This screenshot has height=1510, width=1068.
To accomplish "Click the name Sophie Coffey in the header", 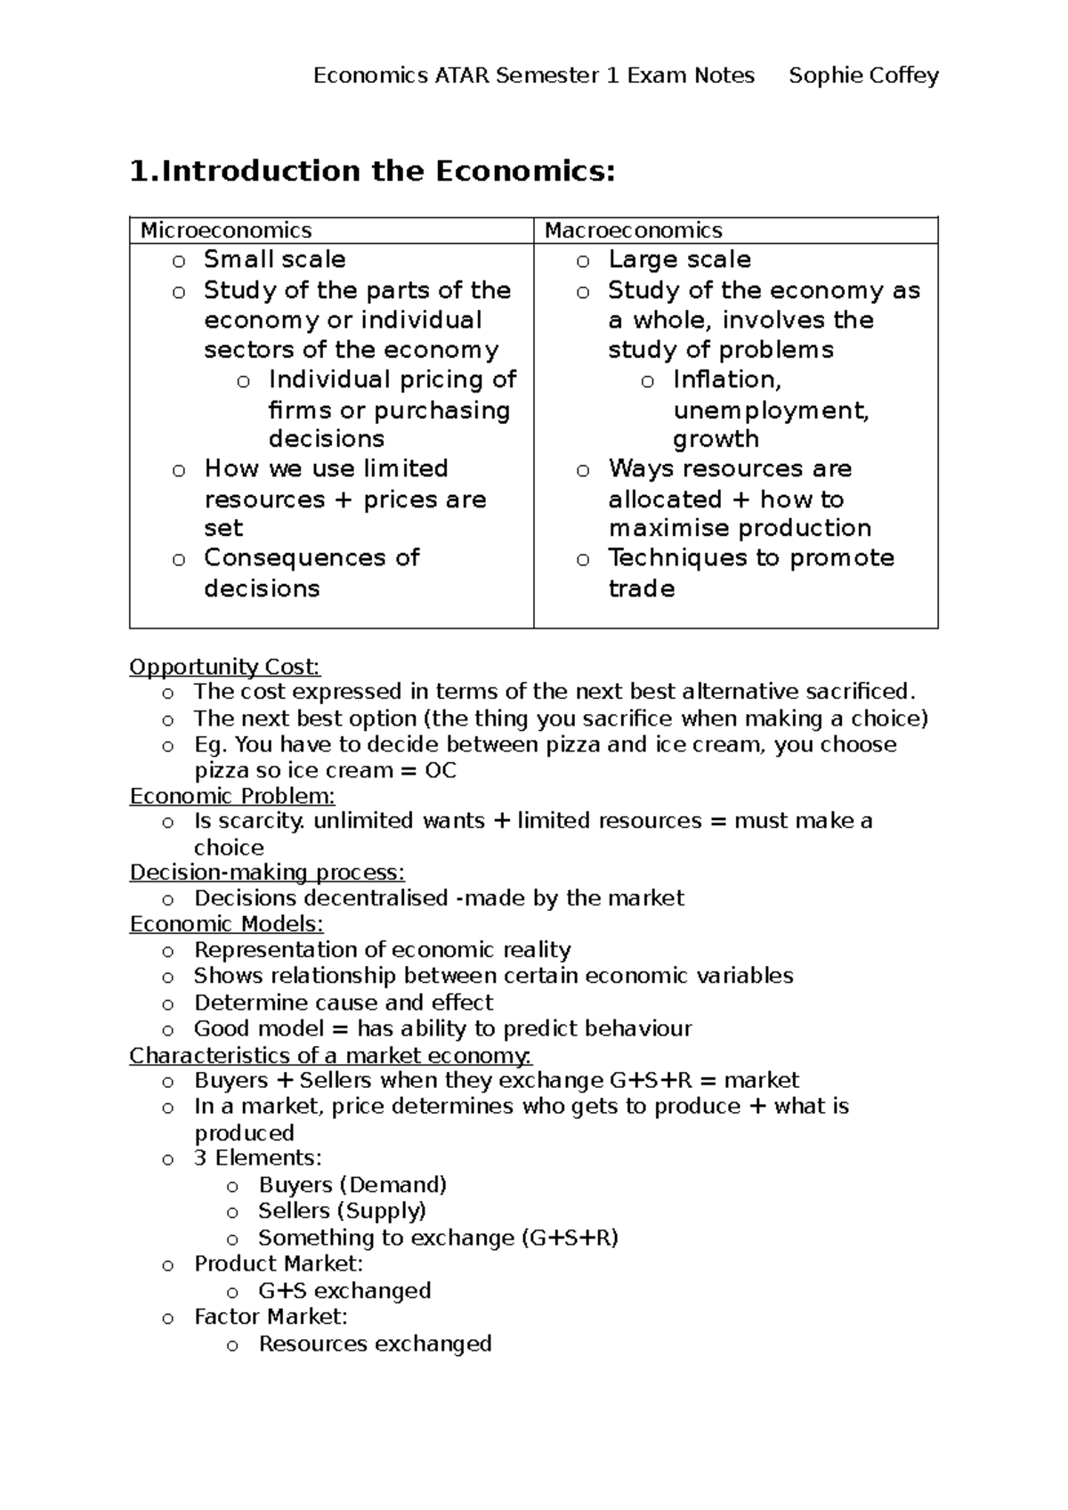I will [x=863, y=76].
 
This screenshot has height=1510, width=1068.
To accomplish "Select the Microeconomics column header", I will [x=226, y=231].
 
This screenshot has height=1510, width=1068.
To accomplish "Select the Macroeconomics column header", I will [x=633, y=231].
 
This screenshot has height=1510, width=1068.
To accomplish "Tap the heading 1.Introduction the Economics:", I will [x=372, y=171].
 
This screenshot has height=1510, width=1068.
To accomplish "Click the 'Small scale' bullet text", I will [x=274, y=260].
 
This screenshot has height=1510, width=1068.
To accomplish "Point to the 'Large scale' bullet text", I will [x=679, y=260].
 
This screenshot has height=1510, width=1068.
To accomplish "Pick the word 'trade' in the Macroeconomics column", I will [x=641, y=589].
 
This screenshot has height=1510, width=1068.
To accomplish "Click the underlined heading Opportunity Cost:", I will [x=224, y=667].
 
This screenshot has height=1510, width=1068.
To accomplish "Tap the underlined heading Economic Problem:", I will [x=232, y=796].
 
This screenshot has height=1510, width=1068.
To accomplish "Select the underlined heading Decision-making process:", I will [x=267, y=873].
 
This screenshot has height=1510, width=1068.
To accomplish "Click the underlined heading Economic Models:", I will [x=226, y=924].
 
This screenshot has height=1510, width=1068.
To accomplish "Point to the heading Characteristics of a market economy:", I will [x=330, y=1056].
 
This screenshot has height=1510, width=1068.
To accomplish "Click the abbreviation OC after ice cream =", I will [x=441, y=771].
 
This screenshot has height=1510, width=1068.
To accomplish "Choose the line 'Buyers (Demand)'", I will [x=352, y=1185].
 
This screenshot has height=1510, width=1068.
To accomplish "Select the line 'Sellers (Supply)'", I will [x=342, y=1211].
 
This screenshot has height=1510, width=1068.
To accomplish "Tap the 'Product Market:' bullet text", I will [x=279, y=1263].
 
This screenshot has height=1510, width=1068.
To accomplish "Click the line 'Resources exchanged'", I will [x=375, y=1344].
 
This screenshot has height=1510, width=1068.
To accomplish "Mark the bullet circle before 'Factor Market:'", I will [x=167, y=1319].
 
